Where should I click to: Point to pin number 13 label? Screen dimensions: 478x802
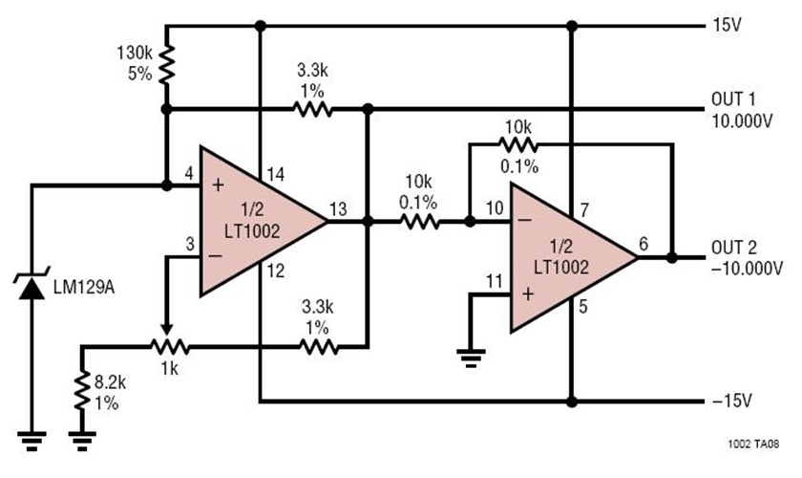click(338, 209)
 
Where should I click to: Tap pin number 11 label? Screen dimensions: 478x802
click(494, 281)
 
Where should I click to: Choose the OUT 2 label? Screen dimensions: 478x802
click(733, 249)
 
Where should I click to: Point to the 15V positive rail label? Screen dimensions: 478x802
click(725, 25)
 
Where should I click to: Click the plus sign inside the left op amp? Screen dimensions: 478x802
click(218, 185)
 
